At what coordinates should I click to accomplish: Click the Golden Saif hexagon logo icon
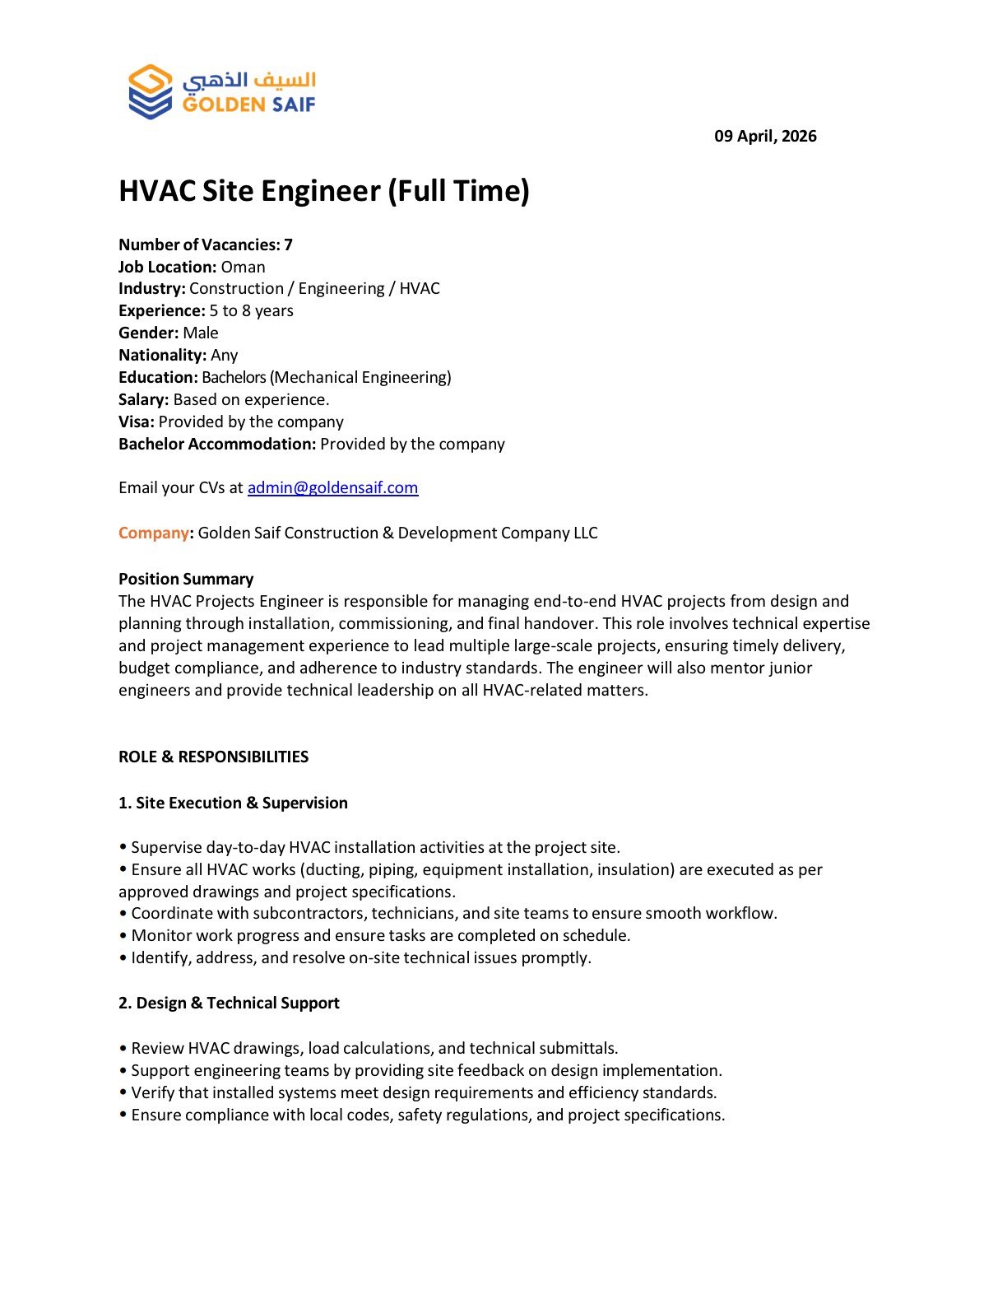151,91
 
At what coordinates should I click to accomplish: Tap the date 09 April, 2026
765,137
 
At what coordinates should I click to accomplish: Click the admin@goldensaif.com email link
332,487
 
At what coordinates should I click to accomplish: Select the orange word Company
153,533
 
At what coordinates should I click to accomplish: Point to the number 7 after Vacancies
289,244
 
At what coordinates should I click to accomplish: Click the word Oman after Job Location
243,267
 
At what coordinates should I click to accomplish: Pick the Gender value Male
201,333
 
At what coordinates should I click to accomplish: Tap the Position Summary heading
186,579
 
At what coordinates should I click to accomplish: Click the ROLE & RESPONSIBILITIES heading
213,757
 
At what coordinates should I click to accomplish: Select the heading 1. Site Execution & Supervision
233,803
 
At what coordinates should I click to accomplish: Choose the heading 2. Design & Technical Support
229,1003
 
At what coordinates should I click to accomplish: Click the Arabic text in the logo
249,80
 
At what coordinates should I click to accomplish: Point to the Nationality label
162,355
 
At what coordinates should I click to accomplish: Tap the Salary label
143,399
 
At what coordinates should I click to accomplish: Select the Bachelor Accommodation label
217,444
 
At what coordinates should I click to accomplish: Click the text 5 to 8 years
251,310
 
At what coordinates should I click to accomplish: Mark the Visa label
136,421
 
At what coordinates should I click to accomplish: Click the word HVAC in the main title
157,191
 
